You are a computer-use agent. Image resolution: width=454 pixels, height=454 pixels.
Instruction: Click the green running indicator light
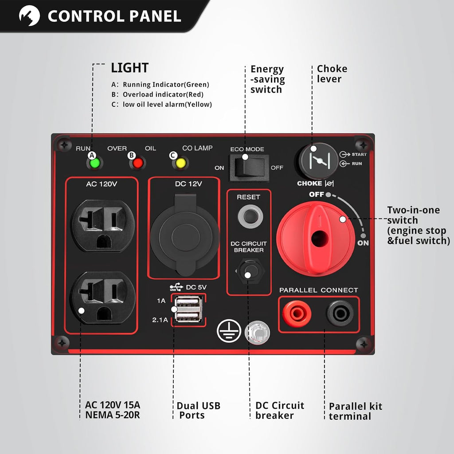(x=95, y=163)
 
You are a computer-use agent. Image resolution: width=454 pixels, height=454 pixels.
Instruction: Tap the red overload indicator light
(x=138, y=163)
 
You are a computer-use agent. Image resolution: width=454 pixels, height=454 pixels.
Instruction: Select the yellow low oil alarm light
(x=180, y=163)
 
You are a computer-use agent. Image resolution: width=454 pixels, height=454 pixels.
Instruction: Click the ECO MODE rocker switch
(x=249, y=167)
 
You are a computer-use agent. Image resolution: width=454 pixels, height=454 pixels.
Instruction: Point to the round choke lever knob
(x=318, y=161)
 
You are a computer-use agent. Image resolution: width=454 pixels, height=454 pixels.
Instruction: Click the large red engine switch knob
(x=316, y=238)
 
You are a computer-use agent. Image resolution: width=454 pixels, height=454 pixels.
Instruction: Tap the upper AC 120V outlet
(x=102, y=225)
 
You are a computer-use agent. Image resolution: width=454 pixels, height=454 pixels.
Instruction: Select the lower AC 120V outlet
(x=102, y=297)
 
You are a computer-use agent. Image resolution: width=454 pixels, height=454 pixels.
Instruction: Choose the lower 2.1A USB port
(x=188, y=316)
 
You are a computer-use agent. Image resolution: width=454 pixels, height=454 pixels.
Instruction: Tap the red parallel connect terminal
(x=297, y=313)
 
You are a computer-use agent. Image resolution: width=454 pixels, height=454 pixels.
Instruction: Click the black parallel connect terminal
(x=340, y=313)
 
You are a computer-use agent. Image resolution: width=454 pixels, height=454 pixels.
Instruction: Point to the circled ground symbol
(x=229, y=331)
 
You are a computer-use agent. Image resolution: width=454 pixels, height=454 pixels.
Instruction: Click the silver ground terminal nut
(x=257, y=333)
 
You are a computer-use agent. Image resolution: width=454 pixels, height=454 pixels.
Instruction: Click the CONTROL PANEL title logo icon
(x=29, y=16)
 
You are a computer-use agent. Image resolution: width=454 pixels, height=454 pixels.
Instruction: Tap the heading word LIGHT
(x=130, y=68)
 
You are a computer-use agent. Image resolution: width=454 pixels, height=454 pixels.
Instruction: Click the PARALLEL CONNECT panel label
(x=318, y=290)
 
